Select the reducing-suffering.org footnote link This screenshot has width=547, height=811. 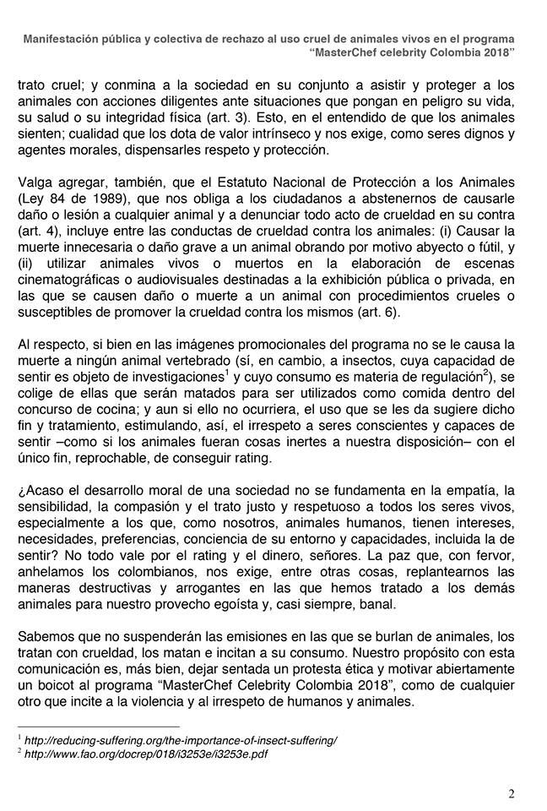(181, 739)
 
